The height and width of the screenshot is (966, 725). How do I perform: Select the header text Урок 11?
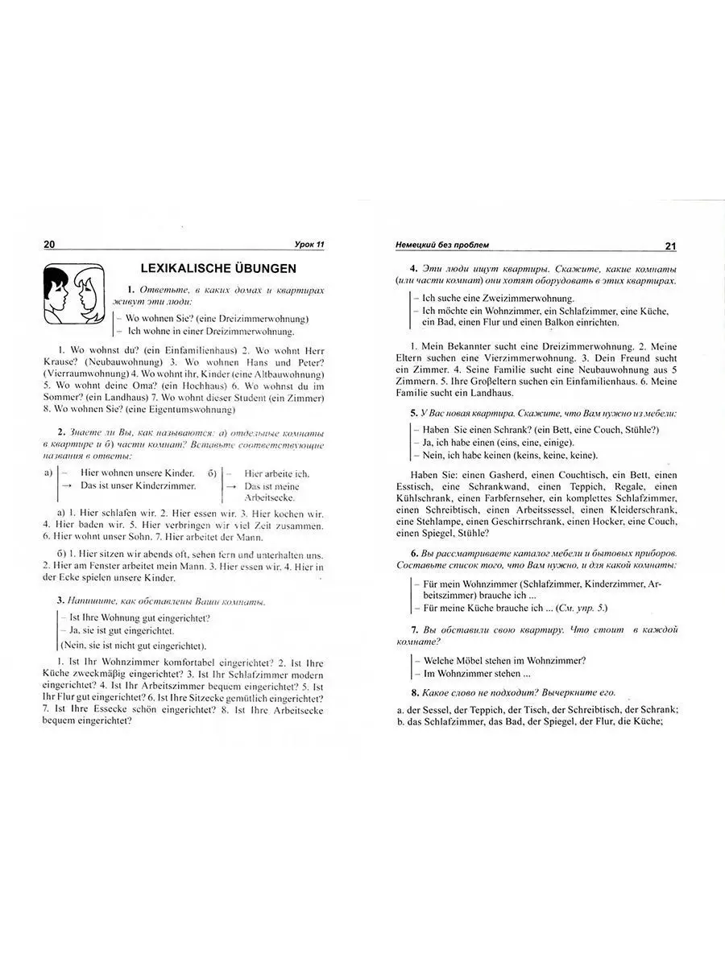pos(309,245)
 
